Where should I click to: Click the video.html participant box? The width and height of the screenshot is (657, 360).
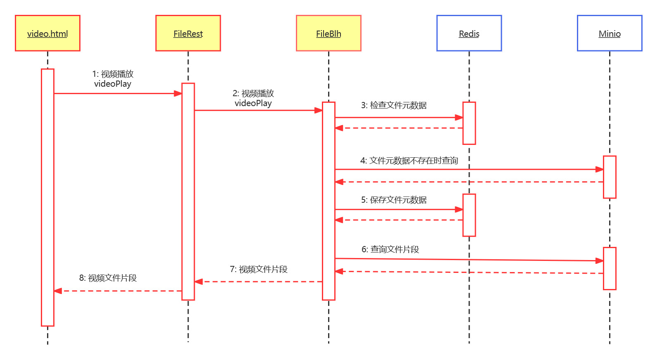coord(47,33)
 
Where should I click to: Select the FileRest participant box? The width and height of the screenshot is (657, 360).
coord(188,33)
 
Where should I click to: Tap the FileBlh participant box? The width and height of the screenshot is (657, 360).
coord(328,33)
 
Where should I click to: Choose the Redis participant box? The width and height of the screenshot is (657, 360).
coord(469,33)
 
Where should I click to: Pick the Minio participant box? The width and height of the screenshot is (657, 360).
coord(610,33)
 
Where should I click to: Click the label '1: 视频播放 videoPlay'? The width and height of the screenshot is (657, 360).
coord(113,79)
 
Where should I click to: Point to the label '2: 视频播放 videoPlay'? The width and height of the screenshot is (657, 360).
coord(253,98)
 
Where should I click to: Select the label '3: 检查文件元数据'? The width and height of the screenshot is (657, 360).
coord(394,105)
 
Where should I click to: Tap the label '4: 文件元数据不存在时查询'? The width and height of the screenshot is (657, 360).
coord(409,161)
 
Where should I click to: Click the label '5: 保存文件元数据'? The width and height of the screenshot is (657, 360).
coord(394,200)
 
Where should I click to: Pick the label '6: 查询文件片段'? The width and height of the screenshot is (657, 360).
coord(390,249)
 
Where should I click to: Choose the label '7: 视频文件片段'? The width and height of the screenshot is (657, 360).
coord(258,269)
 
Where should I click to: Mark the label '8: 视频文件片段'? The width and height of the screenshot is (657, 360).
coord(108,278)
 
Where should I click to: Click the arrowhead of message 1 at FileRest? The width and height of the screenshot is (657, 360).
coord(178,94)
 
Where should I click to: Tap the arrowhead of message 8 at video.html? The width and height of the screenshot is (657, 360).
coord(58,291)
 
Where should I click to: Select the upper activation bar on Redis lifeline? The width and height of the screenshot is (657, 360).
coord(469,123)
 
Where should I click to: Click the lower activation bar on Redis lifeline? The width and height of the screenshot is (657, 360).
coord(469,215)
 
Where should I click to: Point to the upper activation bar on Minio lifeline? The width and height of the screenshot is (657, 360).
coord(610,177)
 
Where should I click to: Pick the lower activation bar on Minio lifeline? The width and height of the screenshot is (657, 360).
coord(610,268)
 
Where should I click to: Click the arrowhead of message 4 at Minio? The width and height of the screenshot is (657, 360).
coord(600,169)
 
